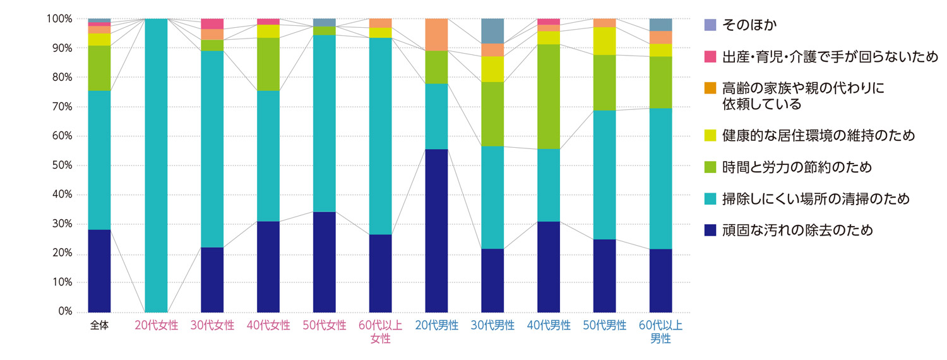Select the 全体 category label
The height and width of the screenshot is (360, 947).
click(x=100, y=326)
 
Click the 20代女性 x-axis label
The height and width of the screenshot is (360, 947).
click(x=156, y=326)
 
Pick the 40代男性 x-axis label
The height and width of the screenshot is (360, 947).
click(x=549, y=326)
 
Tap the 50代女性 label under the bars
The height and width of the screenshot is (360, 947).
click(x=325, y=326)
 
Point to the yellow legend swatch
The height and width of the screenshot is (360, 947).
click(x=710, y=136)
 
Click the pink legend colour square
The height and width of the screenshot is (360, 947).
click(x=710, y=57)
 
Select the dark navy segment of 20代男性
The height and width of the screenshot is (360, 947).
click(x=436, y=231)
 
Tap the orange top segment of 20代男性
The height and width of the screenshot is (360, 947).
click(x=436, y=35)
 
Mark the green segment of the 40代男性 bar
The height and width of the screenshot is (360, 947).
click(x=549, y=97)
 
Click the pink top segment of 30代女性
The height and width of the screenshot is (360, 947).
click(x=212, y=24)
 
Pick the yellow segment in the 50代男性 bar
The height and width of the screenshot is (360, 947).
click(x=605, y=41)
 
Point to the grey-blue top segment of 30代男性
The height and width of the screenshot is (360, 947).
click(x=492, y=31)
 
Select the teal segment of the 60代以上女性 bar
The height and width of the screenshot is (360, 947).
click(x=380, y=136)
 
